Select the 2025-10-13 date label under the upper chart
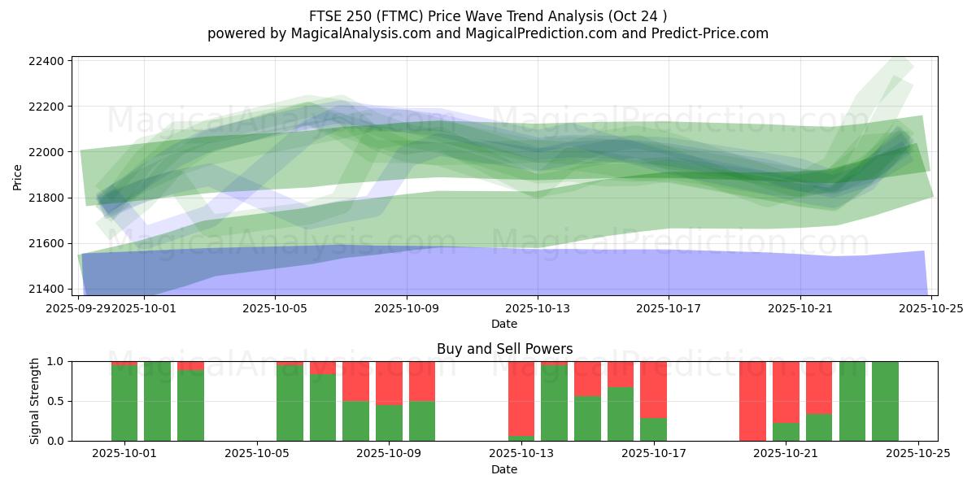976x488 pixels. click(x=537, y=308)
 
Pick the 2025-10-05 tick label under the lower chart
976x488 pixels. click(x=257, y=454)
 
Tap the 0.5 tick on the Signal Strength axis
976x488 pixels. click(x=55, y=401)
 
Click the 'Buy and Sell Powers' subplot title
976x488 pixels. click(x=504, y=349)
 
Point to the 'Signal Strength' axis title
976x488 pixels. click(x=33, y=401)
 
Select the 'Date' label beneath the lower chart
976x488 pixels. click(x=504, y=469)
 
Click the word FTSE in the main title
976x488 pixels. click(x=326, y=16)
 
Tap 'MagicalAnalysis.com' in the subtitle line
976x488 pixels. click(x=362, y=33)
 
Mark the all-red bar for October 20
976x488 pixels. click(x=752, y=401)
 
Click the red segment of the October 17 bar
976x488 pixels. click(x=653, y=389)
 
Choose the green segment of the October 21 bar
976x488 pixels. click(x=786, y=432)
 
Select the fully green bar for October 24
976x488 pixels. click(x=885, y=401)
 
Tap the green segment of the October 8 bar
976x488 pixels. click(x=355, y=420)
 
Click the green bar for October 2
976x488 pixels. click(x=158, y=401)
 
